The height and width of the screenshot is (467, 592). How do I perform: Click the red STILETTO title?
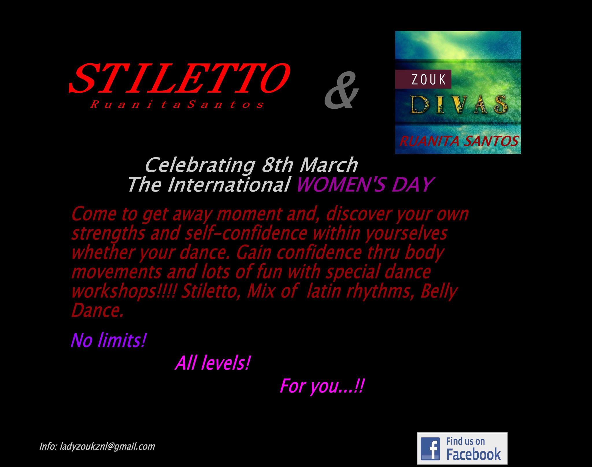(x=179, y=77)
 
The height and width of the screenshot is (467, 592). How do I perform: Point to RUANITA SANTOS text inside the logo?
(x=459, y=142)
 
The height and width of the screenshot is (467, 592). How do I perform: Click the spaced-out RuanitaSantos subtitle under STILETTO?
(x=177, y=105)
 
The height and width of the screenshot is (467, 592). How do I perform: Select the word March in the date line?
(x=329, y=165)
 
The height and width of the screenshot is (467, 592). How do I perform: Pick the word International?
(x=229, y=185)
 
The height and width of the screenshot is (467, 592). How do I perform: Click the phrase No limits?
(x=108, y=340)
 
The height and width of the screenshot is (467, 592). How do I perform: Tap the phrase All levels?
(x=212, y=364)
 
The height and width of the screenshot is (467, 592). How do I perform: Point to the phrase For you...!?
(x=321, y=386)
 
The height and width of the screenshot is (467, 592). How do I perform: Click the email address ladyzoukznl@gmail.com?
(x=108, y=446)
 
